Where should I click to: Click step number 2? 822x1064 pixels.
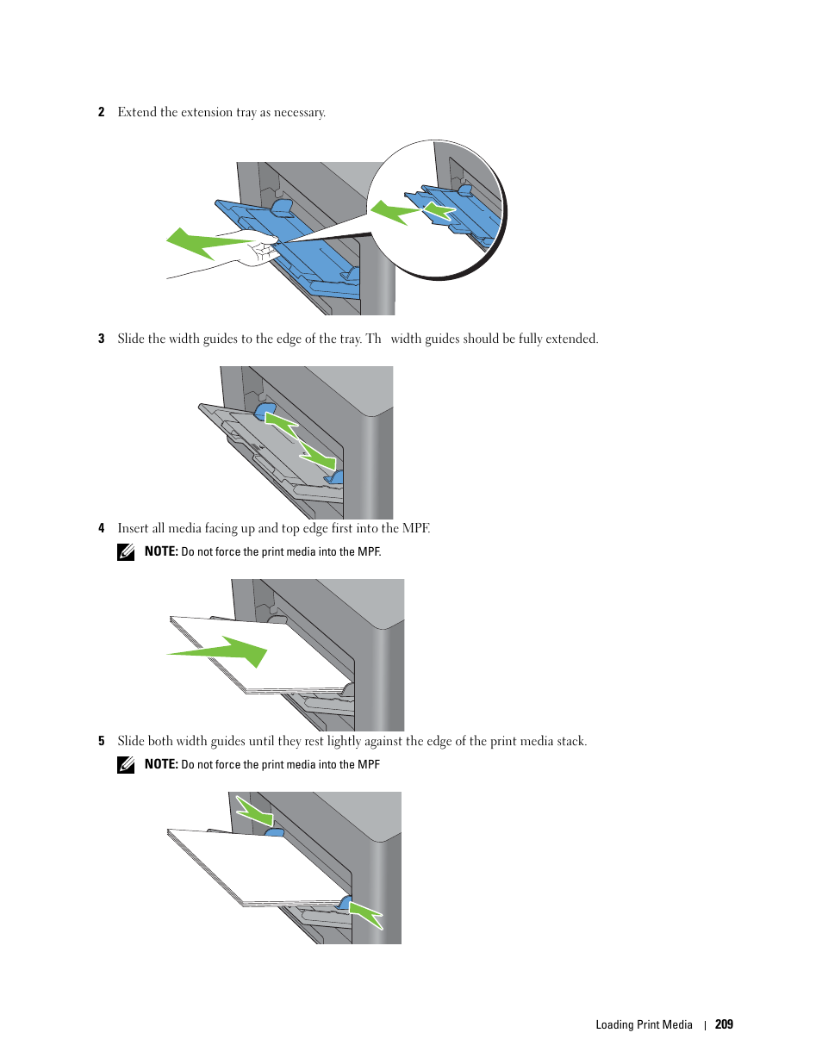(x=102, y=112)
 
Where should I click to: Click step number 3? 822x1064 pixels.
(x=102, y=339)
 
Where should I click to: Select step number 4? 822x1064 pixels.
(x=102, y=528)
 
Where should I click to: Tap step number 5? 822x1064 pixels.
(x=102, y=741)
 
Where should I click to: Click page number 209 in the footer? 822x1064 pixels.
(x=724, y=1024)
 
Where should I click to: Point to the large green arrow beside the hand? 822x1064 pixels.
(x=209, y=243)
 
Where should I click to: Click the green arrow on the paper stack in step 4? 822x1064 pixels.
(x=217, y=651)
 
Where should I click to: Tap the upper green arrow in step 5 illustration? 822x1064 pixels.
(x=254, y=812)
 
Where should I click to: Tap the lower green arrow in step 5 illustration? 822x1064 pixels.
(x=365, y=915)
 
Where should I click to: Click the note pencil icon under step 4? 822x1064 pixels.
(x=126, y=552)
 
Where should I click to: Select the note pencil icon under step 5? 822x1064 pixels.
(x=126, y=765)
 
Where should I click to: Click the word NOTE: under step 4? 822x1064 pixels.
(x=161, y=551)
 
